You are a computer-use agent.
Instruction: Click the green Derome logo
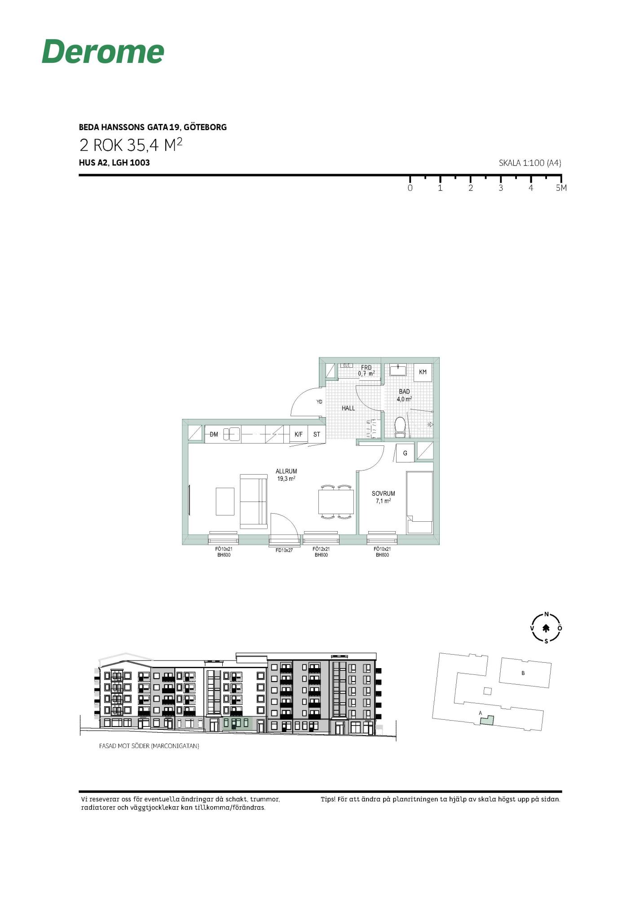tap(103, 51)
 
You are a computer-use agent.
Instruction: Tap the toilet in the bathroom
tap(400, 427)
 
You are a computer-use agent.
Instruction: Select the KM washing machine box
tap(423, 372)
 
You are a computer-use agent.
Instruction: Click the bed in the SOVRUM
tap(419, 502)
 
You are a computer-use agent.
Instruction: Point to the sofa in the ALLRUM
tap(254, 501)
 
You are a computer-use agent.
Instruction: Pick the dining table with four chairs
tap(336, 502)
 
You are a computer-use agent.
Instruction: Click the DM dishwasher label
tap(214, 434)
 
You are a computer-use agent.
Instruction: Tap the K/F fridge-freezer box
tap(299, 434)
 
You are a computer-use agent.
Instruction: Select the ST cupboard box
tap(317, 434)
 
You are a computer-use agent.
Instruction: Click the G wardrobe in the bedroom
tap(405, 453)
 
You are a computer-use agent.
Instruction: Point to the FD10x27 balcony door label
tap(284, 550)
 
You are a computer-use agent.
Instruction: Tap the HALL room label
tap(348, 408)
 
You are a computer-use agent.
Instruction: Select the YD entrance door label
tap(319, 401)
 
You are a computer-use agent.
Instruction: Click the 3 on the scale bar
tap(501, 188)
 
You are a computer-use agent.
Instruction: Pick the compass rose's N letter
tap(547, 614)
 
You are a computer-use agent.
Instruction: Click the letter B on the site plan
tap(523, 673)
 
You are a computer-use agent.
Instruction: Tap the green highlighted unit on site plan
tap(487, 720)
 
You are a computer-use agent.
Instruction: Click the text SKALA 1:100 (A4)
tap(530, 163)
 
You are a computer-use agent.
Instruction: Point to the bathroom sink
tap(398, 370)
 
